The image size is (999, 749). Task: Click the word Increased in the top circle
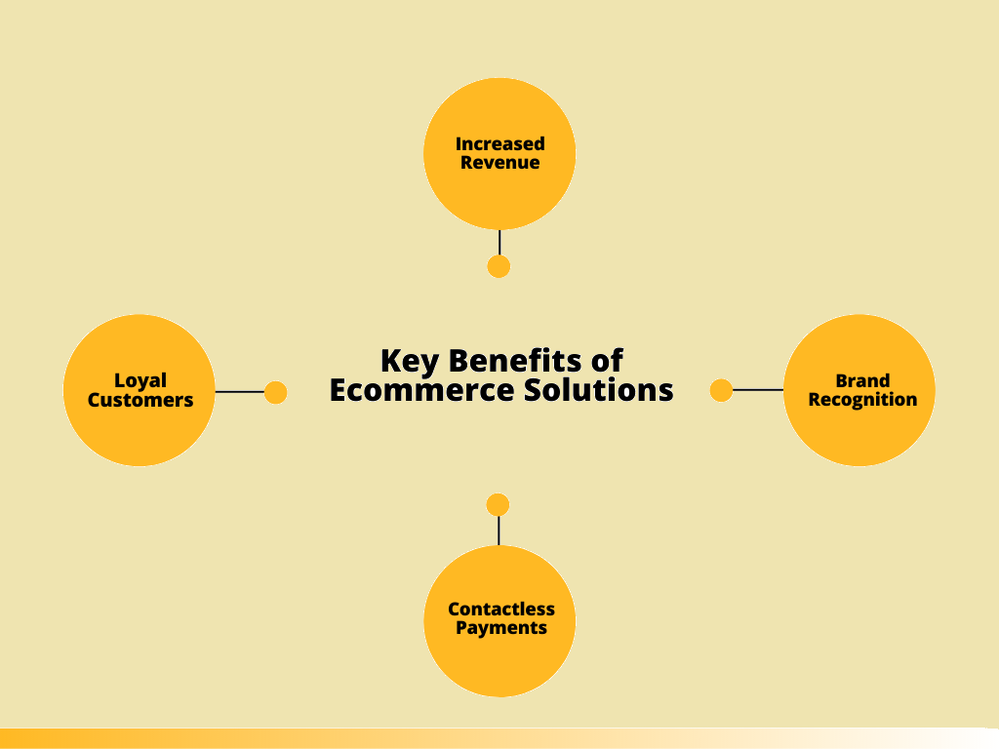click(499, 143)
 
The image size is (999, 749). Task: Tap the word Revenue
click(499, 163)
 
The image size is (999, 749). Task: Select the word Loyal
click(140, 380)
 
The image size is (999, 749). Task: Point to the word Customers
click(140, 400)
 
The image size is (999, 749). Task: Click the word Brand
click(862, 380)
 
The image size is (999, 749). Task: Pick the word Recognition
click(862, 400)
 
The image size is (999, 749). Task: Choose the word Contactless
click(500, 609)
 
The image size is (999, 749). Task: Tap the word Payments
click(500, 628)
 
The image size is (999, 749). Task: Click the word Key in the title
click(405, 361)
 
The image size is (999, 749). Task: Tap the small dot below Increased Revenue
click(499, 266)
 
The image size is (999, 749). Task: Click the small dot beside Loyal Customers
click(276, 392)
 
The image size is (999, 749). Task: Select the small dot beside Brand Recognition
click(721, 391)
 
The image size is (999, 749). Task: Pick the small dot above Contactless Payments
click(498, 505)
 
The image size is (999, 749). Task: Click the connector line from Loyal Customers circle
click(240, 392)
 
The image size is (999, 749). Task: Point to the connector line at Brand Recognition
click(758, 390)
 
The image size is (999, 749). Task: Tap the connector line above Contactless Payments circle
click(498, 531)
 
